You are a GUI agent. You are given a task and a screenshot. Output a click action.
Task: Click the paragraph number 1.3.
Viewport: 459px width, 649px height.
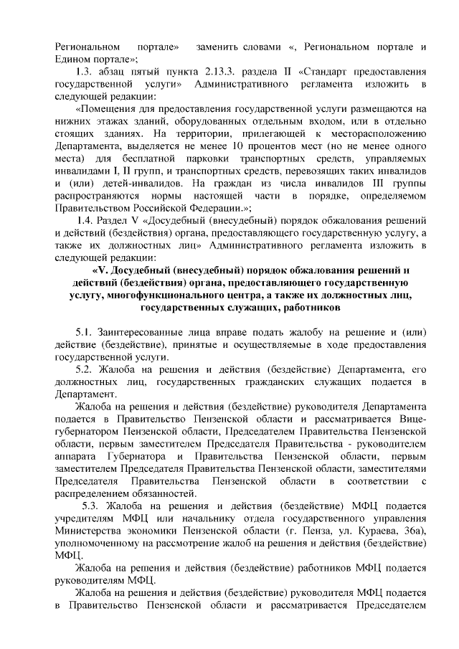(85, 72)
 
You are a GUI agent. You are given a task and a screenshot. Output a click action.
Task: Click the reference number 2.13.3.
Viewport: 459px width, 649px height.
(223, 72)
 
